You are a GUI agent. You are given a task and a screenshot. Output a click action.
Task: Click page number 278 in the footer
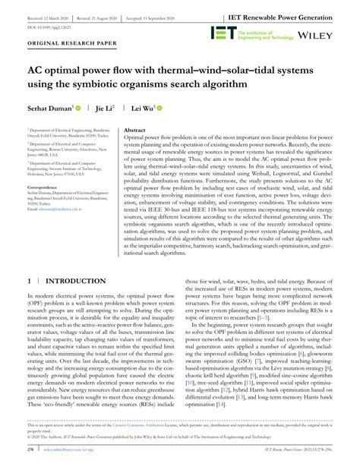tap(28, 459)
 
